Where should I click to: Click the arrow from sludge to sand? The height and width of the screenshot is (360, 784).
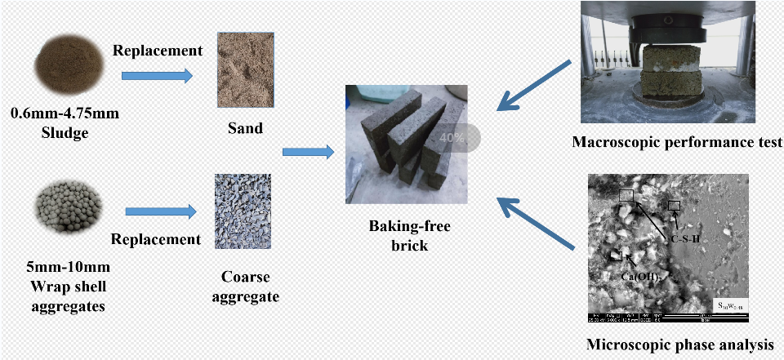coord(156,77)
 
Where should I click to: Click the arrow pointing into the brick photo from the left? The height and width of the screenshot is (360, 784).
coord(308,152)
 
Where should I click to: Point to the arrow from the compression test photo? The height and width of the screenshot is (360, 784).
coord(535,85)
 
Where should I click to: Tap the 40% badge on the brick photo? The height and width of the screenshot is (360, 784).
coord(452,137)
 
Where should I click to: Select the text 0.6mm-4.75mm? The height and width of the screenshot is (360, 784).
coord(65,113)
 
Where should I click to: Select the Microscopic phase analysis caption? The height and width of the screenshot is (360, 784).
coord(679,344)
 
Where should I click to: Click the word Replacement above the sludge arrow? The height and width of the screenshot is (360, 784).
coord(158,50)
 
